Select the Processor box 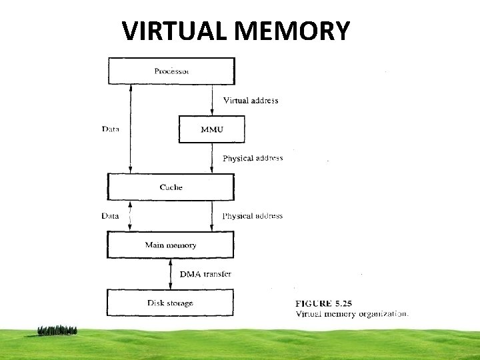(171, 71)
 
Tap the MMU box (212, 129)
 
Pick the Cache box (171, 187)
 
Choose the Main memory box (171, 245)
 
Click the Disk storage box (171, 303)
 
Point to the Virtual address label (250, 101)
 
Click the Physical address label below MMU (253, 158)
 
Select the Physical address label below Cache (253, 216)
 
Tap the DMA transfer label (206, 274)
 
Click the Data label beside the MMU (111, 129)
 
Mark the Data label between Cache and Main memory (110, 216)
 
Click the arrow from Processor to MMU (212, 99)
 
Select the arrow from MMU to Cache (212, 158)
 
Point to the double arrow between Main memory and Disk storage (171, 273)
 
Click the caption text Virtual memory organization (352, 313)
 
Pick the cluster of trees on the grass (57, 330)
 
